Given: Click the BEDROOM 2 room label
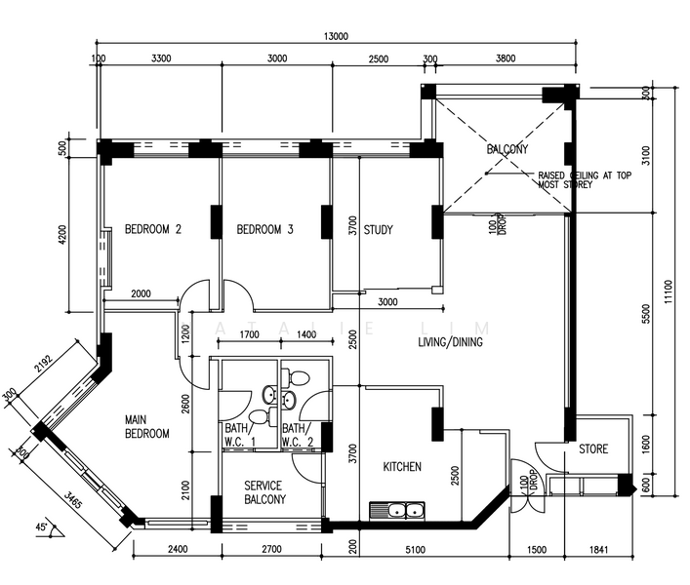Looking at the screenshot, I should pyautogui.click(x=153, y=230).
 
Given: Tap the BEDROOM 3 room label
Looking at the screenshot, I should pyautogui.click(x=264, y=230).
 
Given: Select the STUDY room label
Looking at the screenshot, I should pyautogui.click(x=378, y=230).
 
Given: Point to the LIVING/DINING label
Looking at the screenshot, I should pyautogui.click(x=451, y=343).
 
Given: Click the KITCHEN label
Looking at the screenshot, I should pyautogui.click(x=401, y=467).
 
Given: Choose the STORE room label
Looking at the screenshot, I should pyautogui.click(x=592, y=449).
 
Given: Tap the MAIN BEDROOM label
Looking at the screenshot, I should pyautogui.click(x=147, y=426).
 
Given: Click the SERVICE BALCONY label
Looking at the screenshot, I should pyautogui.click(x=264, y=492).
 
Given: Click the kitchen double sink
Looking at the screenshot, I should pyautogui.click(x=399, y=509).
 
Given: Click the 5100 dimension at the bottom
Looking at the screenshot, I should pyautogui.click(x=414, y=550).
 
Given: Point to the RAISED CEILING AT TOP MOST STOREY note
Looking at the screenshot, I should pyautogui.click(x=578, y=180).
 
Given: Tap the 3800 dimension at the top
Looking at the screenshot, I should pyautogui.click(x=505, y=58).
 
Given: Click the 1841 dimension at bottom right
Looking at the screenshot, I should pyautogui.click(x=598, y=550).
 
